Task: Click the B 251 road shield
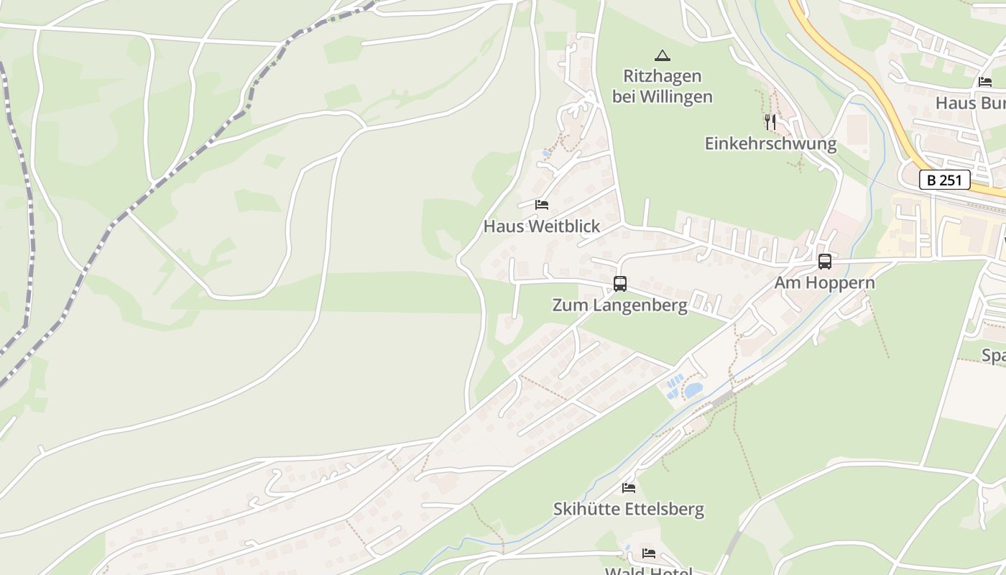pos(944,180)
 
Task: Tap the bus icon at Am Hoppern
pos(825,262)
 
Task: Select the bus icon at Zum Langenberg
pos(620,284)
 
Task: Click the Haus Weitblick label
pos(541,226)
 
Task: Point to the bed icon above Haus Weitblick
pos(542,205)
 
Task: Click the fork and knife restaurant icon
pos(770,122)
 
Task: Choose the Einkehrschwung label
pos(770,144)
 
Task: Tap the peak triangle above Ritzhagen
pos(662,55)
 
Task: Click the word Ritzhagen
pos(662,75)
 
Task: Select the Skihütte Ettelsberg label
pos(628,510)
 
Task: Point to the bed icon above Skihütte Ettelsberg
pos(629,488)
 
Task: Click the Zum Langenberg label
pos(619,305)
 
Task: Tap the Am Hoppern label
pos(824,282)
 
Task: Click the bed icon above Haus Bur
pos(984,82)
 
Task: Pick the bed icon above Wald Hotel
pos(649,553)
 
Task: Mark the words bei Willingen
pos(662,96)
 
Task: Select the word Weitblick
pos(565,226)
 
